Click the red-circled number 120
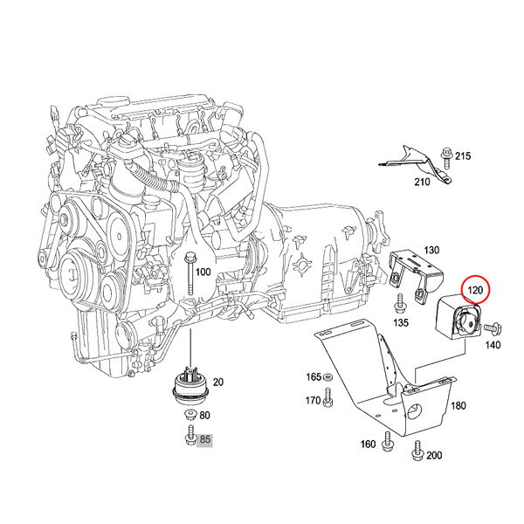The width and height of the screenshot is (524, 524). coord(475,290)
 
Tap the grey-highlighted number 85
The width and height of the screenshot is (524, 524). coord(205,438)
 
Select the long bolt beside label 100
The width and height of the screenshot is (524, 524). coord(190,273)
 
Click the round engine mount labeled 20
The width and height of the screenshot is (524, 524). coord(190,386)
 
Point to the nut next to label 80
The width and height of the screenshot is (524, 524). coord(190,415)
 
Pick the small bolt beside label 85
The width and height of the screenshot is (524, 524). coord(190,435)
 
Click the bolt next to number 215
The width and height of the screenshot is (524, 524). coord(445,158)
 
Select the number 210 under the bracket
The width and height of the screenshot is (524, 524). coord(422,183)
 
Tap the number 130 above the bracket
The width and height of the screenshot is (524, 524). coord(431,250)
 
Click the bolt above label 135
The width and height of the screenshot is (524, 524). coord(399,303)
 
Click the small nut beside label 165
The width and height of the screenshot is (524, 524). coord(327,377)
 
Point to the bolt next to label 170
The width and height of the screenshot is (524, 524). coord(327,397)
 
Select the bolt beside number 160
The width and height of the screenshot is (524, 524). coord(388,441)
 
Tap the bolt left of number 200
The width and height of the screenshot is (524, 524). coord(417,451)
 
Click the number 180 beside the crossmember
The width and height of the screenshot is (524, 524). coord(458,406)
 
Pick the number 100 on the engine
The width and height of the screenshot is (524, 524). coord(203,272)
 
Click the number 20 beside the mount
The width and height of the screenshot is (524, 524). coord(218,382)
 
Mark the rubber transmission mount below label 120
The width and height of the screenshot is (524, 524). coord(458,316)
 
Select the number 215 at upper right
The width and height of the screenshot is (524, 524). coord(463,156)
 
